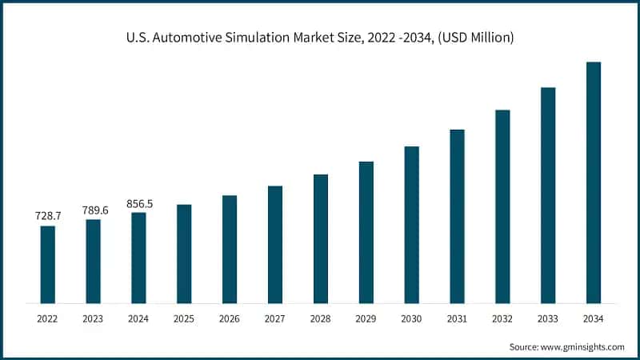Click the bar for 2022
click(48, 265)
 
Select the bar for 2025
click(184, 254)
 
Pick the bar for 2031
click(457, 216)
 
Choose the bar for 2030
click(411, 225)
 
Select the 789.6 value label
click(94, 210)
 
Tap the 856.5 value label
click(139, 204)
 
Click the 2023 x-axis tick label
click(94, 318)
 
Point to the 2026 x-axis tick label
click(230, 318)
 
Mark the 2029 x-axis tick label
click(366, 318)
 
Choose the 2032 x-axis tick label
click(502, 318)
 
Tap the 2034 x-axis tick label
click(594, 318)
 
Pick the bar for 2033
click(548, 195)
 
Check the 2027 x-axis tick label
click(275, 318)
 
